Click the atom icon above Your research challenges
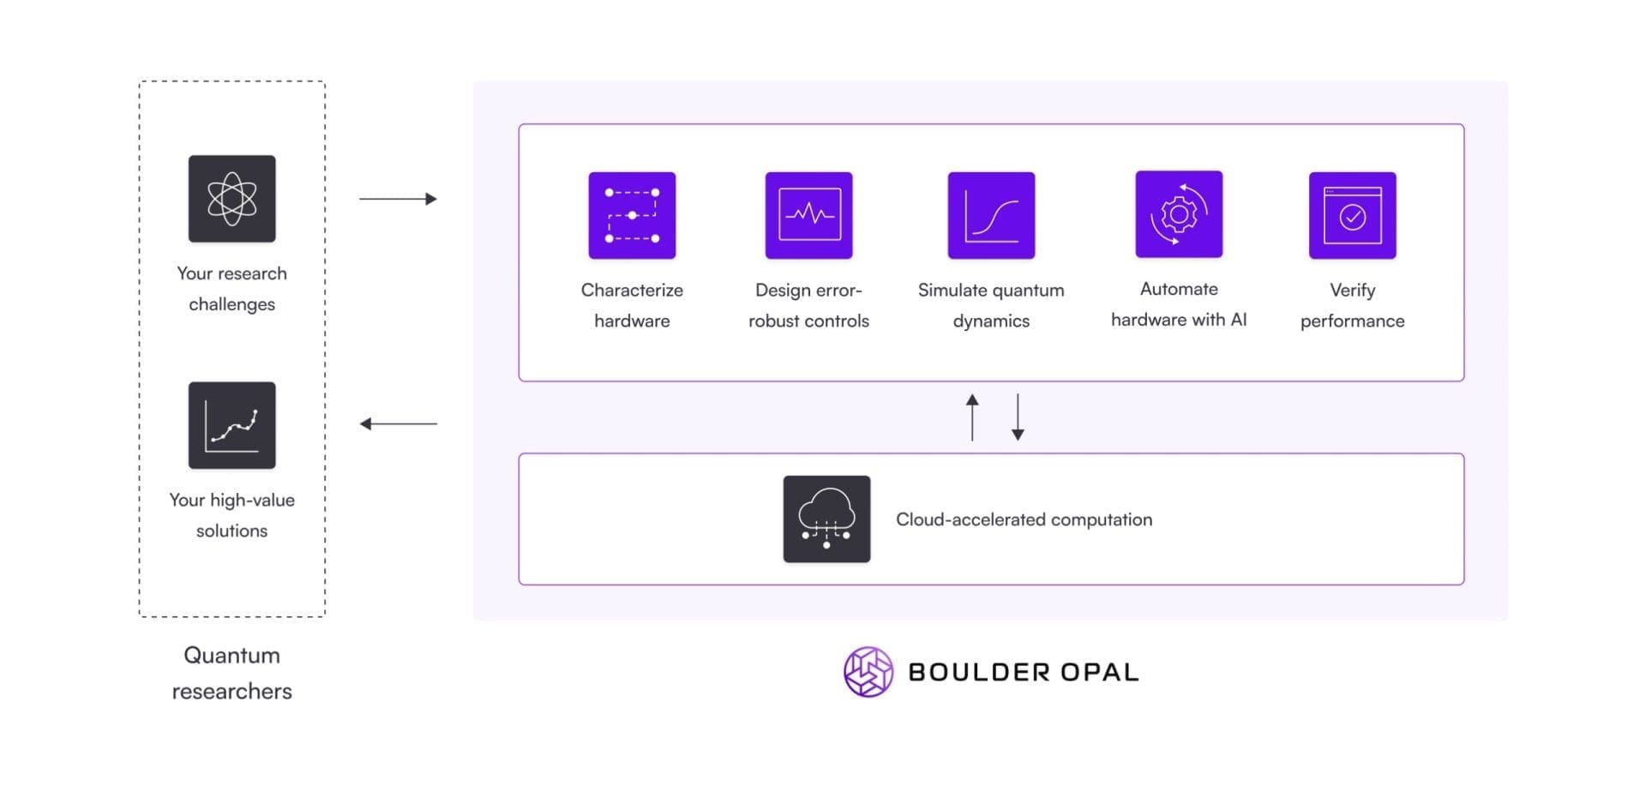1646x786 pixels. (x=231, y=198)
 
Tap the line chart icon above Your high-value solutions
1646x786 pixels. (x=231, y=425)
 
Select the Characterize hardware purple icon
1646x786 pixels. (x=632, y=215)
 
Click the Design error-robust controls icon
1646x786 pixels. (x=808, y=215)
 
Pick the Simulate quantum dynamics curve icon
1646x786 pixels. (x=991, y=215)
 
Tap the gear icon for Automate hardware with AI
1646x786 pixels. (x=1179, y=214)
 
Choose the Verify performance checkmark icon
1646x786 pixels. (x=1352, y=215)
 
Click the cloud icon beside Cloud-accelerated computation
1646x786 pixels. (x=826, y=519)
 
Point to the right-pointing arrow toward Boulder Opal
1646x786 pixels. (x=398, y=199)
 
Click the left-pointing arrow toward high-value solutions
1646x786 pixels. (x=398, y=423)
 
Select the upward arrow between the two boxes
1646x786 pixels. (x=971, y=417)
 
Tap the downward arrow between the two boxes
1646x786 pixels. (x=1018, y=417)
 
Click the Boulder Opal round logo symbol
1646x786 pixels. (x=868, y=671)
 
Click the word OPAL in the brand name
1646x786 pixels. (x=1100, y=672)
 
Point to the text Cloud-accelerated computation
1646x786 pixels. (x=1024, y=519)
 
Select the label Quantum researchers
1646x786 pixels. (x=231, y=673)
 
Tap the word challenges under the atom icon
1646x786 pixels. (x=231, y=304)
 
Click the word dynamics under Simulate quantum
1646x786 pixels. (x=991, y=321)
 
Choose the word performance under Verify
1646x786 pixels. (x=1352, y=321)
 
